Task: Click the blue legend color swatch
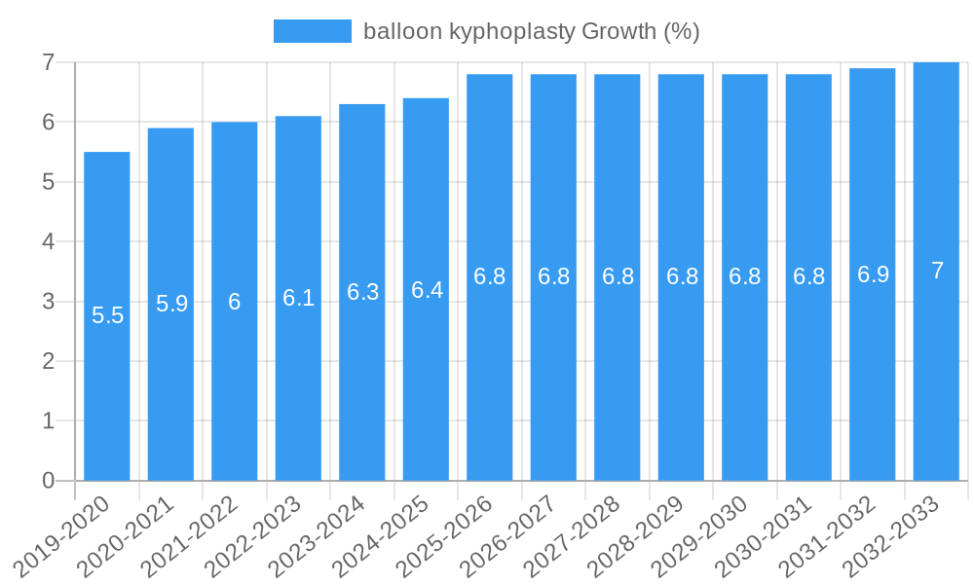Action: click(x=312, y=31)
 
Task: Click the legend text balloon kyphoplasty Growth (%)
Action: click(x=531, y=31)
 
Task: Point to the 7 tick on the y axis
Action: click(x=47, y=62)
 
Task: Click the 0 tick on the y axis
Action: click(x=47, y=481)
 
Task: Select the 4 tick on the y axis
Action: click(x=47, y=241)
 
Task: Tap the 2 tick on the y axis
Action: click(x=47, y=361)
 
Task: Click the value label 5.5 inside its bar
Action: click(x=107, y=315)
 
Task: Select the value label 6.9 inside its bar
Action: click(x=873, y=274)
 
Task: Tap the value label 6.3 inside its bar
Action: click(x=362, y=292)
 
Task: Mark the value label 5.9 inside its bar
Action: click(x=171, y=304)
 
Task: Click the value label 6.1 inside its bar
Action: click(x=298, y=298)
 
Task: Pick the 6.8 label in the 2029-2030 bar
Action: click(x=745, y=276)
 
